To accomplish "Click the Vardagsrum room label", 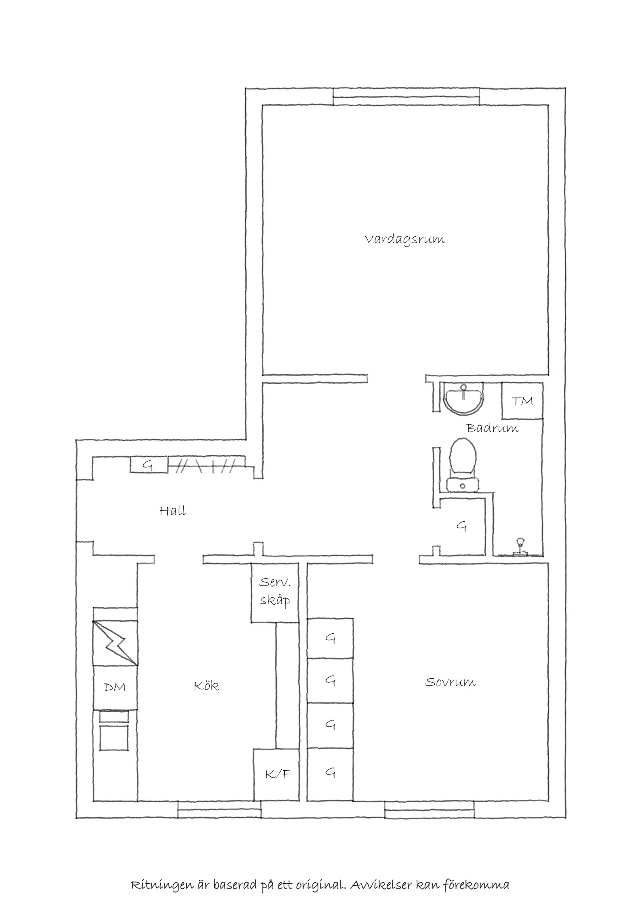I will point(405,240).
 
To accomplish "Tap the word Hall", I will point(173,511).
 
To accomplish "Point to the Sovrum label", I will point(450,682).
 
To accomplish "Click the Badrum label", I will point(492,428).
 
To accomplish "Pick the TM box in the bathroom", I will point(522,400).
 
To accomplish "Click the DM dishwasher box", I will point(115,687).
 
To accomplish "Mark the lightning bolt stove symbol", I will point(115,643).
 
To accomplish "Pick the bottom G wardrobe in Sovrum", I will point(330,772).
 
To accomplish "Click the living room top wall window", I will point(406,97).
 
